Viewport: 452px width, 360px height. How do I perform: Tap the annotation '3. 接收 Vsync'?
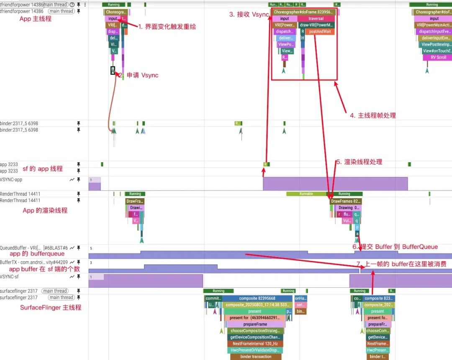pyautogui.click(x=249, y=14)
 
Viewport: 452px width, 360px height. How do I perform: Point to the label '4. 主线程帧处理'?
pyautogui.click(x=372, y=115)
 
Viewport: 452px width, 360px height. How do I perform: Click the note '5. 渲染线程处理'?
pyautogui.click(x=359, y=162)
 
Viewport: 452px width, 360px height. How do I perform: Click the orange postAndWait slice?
pyautogui.click(x=320, y=32)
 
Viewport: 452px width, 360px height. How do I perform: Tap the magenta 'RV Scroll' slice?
pyautogui.click(x=438, y=57)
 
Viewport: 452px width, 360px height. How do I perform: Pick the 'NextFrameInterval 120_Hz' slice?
pyautogui.click(x=256, y=343)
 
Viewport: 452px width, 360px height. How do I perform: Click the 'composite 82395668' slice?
pyautogui.click(x=257, y=299)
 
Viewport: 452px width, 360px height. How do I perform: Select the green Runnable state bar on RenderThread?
pyautogui.click(x=306, y=194)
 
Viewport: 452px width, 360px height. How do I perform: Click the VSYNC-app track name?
pyautogui.click(x=12, y=179)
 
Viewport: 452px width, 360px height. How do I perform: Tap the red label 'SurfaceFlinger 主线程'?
pyautogui.click(x=51, y=307)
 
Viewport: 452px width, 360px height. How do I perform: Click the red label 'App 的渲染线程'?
pyautogui.click(x=45, y=210)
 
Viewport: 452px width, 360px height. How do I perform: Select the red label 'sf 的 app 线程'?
pyautogui.click(x=42, y=169)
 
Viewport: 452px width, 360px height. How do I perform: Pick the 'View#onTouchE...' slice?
pyautogui.click(x=436, y=51)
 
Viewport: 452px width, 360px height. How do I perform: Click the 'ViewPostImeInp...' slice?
pyautogui.click(x=436, y=44)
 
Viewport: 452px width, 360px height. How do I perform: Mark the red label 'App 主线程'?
pyautogui.click(x=36, y=19)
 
